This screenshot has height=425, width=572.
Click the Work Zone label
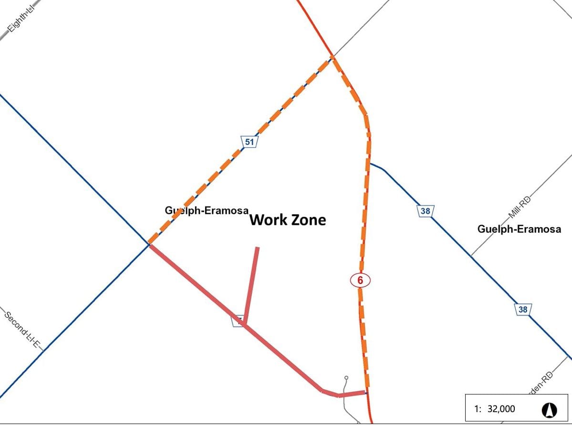(x=288, y=220)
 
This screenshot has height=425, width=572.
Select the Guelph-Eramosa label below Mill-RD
(x=519, y=229)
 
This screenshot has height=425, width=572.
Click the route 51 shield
(x=250, y=142)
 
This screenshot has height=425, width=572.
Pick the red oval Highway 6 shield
(x=360, y=280)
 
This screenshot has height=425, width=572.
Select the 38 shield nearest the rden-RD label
(x=523, y=309)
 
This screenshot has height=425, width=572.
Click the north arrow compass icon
(x=550, y=409)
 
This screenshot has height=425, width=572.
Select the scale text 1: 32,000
(x=495, y=409)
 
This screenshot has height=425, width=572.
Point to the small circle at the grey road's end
(x=346, y=378)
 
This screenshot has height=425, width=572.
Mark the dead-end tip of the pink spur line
(x=258, y=248)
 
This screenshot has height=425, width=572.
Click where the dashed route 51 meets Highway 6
(x=332, y=58)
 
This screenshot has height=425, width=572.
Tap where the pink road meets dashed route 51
(x=149, y=244)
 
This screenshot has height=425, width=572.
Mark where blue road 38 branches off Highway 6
(x=370, y=164)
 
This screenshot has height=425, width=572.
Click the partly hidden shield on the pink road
(x=238, y=321)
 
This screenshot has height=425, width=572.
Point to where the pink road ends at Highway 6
(x=365, y=393)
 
